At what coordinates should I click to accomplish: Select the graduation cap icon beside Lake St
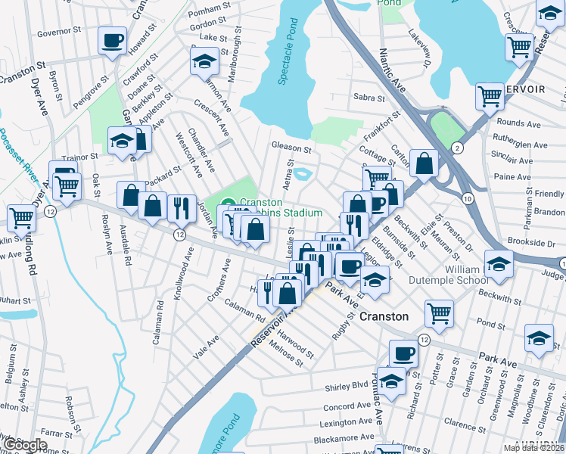(x=204, y=61)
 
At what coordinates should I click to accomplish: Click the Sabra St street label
(x=369, y=98)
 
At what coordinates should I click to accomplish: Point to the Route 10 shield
(x=468, y=197)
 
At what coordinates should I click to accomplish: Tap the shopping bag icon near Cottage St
(x=424, y=162)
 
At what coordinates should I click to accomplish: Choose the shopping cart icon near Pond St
(x=438, y=313)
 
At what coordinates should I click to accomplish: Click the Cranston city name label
(x=384, y=316)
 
